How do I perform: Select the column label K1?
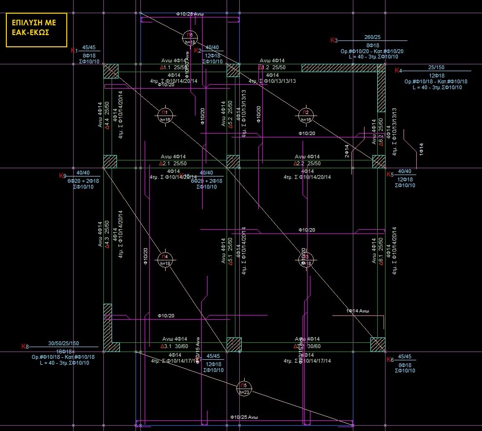tap(74, 50)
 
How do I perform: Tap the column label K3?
tap(334, 40)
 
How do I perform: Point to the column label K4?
tap(397, 71)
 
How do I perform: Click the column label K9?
tap(62, 176)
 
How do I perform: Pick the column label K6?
tap(389, 360)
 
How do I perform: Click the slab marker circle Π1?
tap(166, 115)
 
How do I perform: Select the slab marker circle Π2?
tap(306, 115)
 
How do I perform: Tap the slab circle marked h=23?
tap(244, 388)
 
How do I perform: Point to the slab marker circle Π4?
tap(165, 258)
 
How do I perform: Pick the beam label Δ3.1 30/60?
tap(174, 346)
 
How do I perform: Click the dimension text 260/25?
tap(372, 38)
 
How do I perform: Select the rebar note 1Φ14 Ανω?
tap(357, 311)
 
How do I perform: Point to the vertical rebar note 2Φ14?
tap(347, 150)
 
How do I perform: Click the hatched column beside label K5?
tap(379, 161)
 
